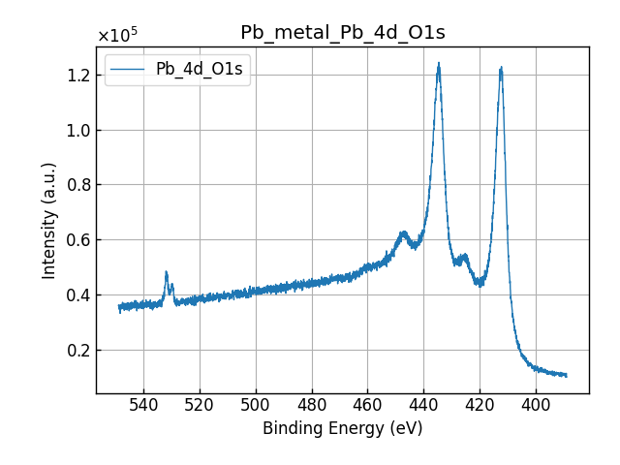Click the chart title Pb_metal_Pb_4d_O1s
coord(342,32)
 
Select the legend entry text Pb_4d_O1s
coord(200,69)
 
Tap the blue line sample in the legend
coord(130,69)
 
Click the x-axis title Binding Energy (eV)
coord(342,428)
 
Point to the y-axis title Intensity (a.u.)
coord(49,220)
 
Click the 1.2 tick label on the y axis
coord(77,76)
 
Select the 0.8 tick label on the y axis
coord(77,185)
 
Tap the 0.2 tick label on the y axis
coord(77,350)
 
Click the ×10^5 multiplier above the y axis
coord(117,36)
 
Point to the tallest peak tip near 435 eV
coord(439,64)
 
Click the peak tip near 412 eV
coord(501,67)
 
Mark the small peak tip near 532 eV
coord(167,272)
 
